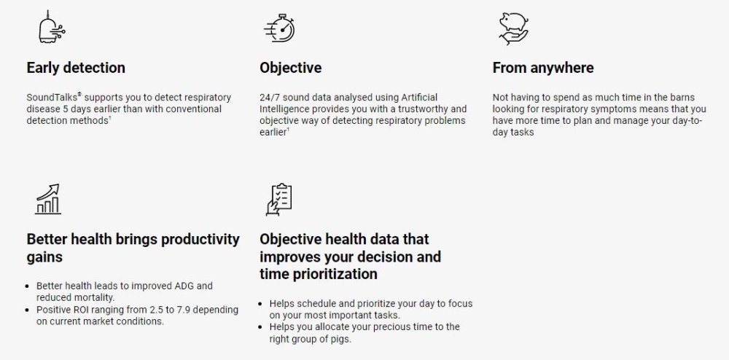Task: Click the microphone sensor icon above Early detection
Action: [51, 27]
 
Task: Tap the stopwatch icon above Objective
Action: [280, 28]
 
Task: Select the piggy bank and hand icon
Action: [514, 28]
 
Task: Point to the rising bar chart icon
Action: [48, 199]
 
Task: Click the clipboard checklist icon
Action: [279, 200]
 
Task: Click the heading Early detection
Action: [76, 68]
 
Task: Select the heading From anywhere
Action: [543, 68]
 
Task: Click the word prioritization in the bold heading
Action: [335, 274]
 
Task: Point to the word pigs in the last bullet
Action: [342, 339]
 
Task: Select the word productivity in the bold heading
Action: [200, 240]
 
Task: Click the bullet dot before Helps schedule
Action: [262, 304]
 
